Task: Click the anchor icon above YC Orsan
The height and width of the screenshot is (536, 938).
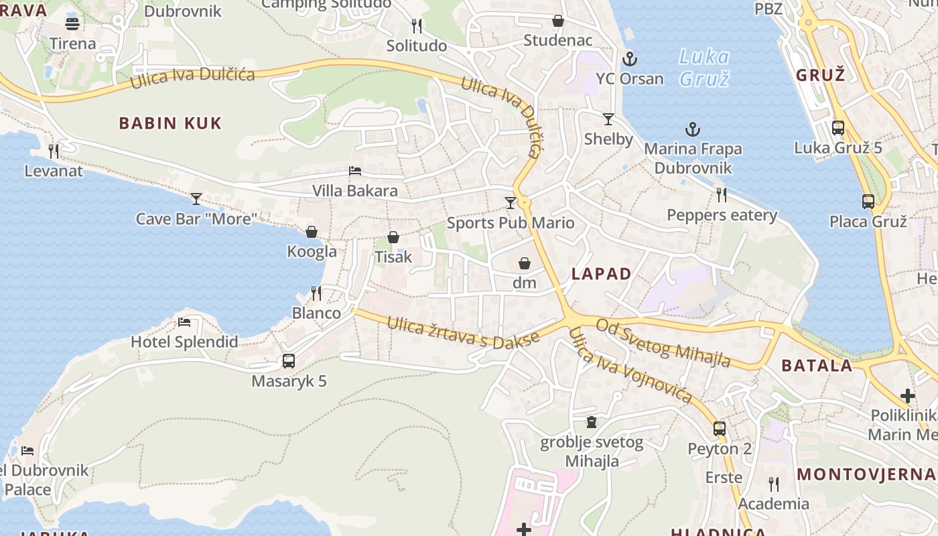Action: pyautogui.click(x=629, y=59)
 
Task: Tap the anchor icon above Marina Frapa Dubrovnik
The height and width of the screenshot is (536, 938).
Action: pyautogui.click(x=693, y=129)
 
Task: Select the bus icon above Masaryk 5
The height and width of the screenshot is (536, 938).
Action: pyautogui.click(x=289, y=360)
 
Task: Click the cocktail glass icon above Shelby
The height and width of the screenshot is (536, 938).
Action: pyautogui.click(x=608, y=119)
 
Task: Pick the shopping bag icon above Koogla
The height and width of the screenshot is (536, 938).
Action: pyautogui.click(x=312, y=232)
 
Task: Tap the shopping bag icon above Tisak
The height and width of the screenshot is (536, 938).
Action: pyautogui.click(x=393, y=237)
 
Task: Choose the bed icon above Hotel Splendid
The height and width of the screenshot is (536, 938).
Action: pyautogui.click(x=184, y=322)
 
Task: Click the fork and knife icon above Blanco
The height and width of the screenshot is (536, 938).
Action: pyautogui.click(x=316, y=293)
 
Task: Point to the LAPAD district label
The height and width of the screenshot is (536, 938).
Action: pyautogui.click(x=601, y=273)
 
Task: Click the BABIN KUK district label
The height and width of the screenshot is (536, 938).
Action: pyautogui.click(x=170, y=123)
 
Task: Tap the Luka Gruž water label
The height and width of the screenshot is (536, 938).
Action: pyautogui.click(x=703, y=68)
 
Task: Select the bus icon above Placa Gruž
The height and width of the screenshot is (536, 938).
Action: pyautogui.click(x=868, y=201)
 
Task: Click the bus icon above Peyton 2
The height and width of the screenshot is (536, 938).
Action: pyautogui.click(x=720, y=429)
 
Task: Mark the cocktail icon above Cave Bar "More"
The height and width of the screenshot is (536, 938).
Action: pyautogui.click(x=196, y=199)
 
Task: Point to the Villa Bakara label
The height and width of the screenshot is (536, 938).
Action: pyautogui.click(x=355, y=191)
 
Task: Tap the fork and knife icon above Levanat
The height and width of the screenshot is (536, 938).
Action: pyautogui.click(x=54, y=151)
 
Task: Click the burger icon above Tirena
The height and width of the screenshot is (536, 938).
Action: pyautogui.click(x=72, y=24)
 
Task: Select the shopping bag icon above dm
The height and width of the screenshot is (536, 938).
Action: pyautogui.click(x=525, y=263)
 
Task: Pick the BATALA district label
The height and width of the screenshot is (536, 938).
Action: pyautogui.click(x=817, y=366)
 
